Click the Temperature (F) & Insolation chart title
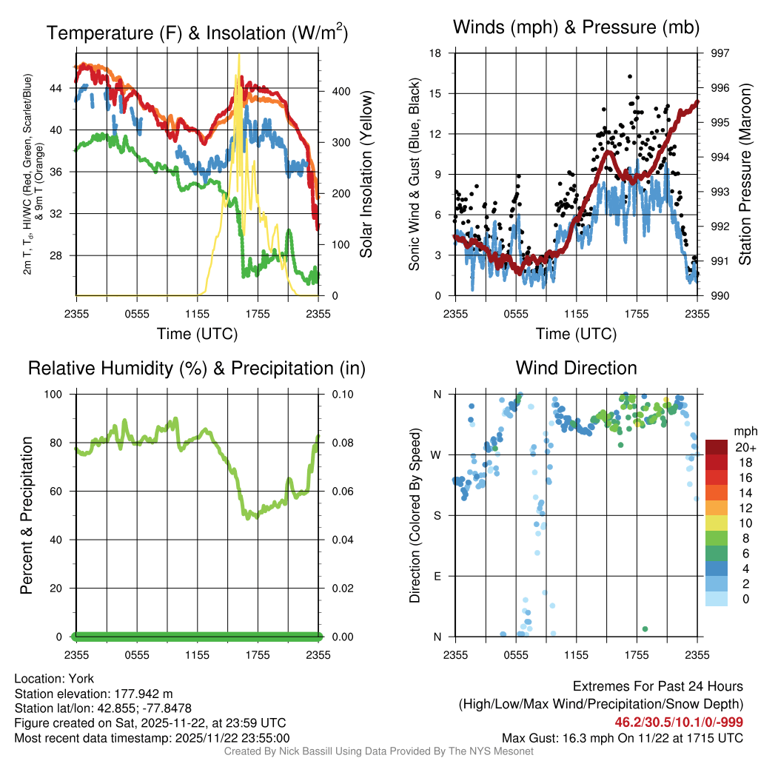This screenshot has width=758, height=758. [x=197, y=33]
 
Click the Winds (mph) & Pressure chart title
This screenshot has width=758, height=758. [x=577, y=27]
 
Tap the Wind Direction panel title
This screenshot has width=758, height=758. [x=576, y=368]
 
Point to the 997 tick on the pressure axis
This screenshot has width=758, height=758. [x=720, y=53]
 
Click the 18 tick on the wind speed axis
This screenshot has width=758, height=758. [x=436, y=53]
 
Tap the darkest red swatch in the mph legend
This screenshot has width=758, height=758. [x=717, y=447]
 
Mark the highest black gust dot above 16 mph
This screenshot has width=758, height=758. [x=629, y=76]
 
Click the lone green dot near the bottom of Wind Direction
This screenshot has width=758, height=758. [x=645, y=628]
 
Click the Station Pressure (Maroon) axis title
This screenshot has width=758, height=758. [x=745, y=175]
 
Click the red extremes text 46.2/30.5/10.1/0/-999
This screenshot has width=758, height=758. [x=679, y=722]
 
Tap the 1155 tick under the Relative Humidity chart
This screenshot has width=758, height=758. [x=197, y=654]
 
